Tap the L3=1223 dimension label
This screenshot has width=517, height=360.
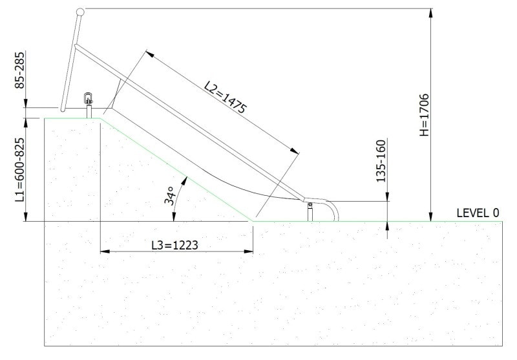(174, 245)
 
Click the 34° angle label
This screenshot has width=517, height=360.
(171, 196)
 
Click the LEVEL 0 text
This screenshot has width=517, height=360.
(478, 213)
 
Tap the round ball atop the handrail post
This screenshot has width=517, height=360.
(80, 11)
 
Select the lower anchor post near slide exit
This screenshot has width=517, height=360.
(310, 211)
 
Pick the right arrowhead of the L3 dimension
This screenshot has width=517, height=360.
(249, 251)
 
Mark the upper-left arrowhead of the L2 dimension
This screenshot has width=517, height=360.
(149, 52)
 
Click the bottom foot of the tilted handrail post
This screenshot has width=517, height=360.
(63, 109)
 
